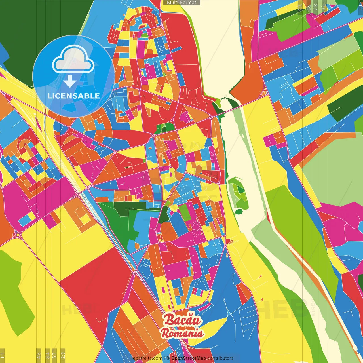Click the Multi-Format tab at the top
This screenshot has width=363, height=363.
(181, 3)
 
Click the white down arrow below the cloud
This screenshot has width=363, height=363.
(70, 81)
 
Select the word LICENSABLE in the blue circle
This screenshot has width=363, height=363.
(73, 96)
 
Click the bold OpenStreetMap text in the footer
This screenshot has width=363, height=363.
(189, 358)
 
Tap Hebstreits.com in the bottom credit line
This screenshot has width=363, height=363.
(146, 358)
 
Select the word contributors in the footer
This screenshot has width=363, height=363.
(220, 358)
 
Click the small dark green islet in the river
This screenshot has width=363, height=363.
(239, 211)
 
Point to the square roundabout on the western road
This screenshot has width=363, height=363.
(18, 235)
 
